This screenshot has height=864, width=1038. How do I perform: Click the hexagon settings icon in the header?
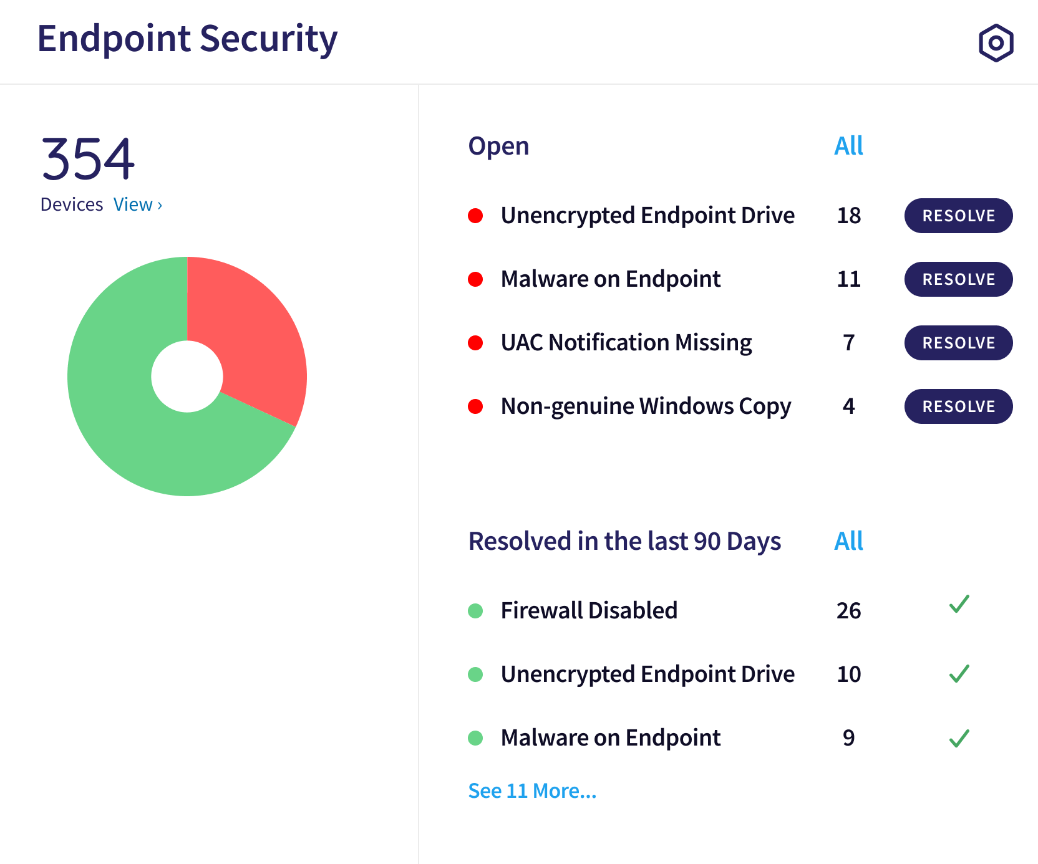[x=996, y=43]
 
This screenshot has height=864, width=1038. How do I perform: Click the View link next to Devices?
[x=137, y=204]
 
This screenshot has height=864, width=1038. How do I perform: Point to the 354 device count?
[x=88, y=159]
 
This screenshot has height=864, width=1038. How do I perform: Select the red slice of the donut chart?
[x=250, y=330]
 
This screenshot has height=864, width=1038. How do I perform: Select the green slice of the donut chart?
[x=137, y=430]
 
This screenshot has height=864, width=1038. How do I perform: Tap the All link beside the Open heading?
[x=848, y=146]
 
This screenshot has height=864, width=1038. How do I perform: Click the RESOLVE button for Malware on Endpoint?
[x=958, y=279]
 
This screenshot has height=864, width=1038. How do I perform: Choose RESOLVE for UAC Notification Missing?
[x=958, y=343]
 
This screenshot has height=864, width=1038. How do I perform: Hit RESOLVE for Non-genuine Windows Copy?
[x=958, y=406]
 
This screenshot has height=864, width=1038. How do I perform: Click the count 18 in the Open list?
[x=848, y=216]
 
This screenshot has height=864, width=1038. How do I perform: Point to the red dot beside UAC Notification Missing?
[x=475, y=343]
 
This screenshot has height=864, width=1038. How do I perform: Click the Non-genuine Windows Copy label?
[x=646, y=406]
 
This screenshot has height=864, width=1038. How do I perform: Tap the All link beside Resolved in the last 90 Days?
[x=848, y=541]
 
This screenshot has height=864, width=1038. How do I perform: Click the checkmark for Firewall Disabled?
[x=959, y=605]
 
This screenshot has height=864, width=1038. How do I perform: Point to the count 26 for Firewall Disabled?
[x=848, y=611]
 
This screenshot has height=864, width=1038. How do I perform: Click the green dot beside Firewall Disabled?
[x=475, y=611]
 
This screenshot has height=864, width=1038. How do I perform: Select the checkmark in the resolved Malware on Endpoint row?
[x=959, y=738]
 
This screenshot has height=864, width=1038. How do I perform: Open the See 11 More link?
[x=532, y=790]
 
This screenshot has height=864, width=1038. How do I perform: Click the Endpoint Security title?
[x=187, y=39]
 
